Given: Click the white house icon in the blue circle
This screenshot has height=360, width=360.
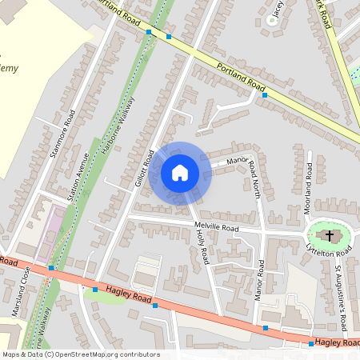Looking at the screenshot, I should tap(180, 173).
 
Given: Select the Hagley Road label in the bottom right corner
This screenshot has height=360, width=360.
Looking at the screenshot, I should tap(336, 342).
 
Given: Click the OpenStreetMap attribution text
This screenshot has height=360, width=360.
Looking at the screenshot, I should tap(80, 354).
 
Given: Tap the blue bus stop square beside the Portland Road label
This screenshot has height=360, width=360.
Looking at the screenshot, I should tap(264, 94).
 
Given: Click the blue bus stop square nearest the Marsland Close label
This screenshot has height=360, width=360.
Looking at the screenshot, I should tap(50, 268).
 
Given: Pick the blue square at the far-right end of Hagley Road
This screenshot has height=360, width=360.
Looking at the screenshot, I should tap(311, 343).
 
